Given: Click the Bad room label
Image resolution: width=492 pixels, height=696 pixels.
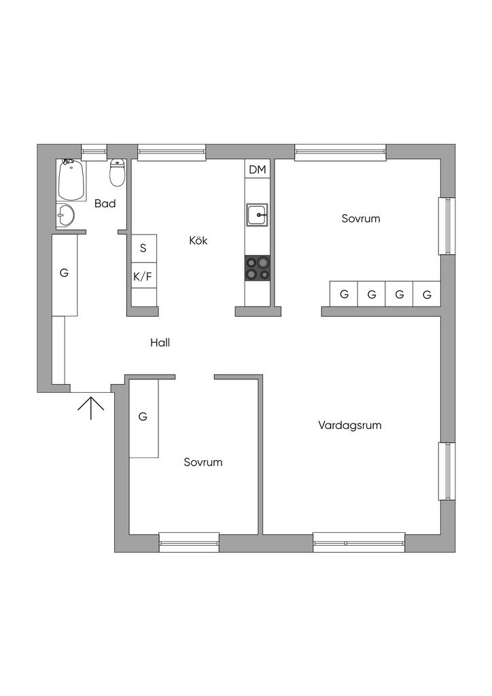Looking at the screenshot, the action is tap(105, 204).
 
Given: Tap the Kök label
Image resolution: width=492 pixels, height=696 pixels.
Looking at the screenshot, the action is tap(198, 241).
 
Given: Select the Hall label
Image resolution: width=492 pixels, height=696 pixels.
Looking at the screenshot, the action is tap(160, 343).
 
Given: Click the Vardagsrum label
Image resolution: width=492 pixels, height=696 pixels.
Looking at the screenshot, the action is tap(350, 425).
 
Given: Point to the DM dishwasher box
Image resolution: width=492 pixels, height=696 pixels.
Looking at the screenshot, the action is tap(258, 169).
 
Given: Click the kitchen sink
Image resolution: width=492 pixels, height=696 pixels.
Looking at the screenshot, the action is tap(258, 215).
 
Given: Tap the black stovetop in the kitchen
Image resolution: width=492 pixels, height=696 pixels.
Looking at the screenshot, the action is tap(258, 268).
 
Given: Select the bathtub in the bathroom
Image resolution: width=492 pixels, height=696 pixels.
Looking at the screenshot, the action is tap(71, 180).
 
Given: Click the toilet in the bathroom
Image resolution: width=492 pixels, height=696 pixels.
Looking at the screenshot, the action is tap(117, 173).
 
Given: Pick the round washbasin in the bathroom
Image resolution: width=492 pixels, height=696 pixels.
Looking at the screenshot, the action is tap(65, 216).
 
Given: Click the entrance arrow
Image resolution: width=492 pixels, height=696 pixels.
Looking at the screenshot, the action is tap(91, 408).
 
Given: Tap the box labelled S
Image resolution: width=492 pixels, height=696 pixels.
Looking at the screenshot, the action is tap(144, 248).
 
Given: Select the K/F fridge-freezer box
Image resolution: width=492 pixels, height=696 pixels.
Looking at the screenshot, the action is tap(144, 276).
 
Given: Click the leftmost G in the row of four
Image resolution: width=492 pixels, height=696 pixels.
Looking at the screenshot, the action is tap(344, 294).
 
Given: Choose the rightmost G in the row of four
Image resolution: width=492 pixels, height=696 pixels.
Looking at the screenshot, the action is tap(427, 294).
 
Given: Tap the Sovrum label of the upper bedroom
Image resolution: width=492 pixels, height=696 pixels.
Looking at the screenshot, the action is tap(361, 218).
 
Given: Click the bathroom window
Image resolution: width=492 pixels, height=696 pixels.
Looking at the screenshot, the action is tap(94, 152).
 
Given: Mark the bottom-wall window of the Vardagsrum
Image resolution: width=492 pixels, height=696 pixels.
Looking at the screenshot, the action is tap(359, 542).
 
